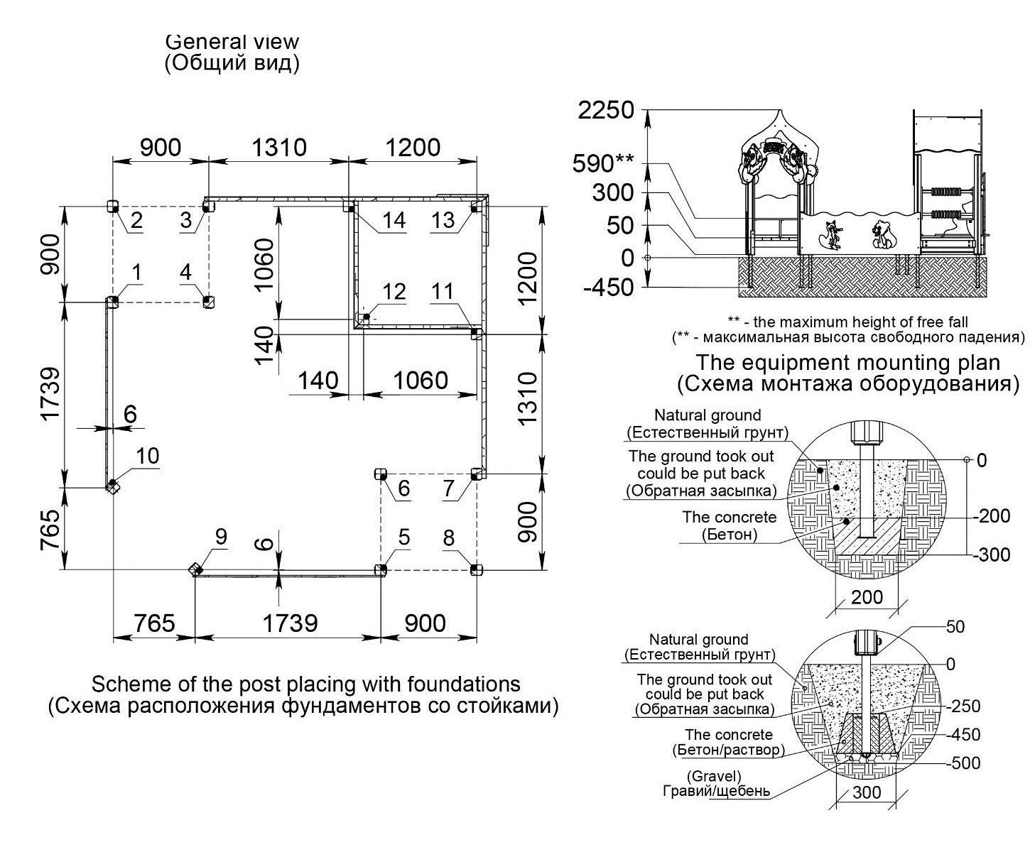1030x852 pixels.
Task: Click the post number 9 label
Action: tap(221, 537)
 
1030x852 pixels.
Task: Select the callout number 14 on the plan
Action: tap(394, 220)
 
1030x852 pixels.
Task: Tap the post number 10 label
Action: tap(148, 456)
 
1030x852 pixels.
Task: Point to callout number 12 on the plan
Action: tap(394, 292)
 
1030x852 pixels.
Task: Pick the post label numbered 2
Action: tap(136, 220)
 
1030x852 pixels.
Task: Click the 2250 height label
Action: tap(606, 110)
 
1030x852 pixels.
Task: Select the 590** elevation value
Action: tap(602, 164)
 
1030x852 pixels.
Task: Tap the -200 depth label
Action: tap(992, 515)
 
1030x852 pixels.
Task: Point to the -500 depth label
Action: tap(963, 763)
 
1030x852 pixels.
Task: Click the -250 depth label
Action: tap(963, 706)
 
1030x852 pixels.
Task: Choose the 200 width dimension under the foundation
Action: tap(867, 597)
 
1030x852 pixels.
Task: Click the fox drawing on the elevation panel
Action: tap(833, 235)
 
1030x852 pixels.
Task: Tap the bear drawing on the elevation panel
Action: tap(884, 235)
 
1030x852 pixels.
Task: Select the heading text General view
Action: tap(232, 42)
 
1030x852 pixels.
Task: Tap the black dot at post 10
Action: tap(112, 482)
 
